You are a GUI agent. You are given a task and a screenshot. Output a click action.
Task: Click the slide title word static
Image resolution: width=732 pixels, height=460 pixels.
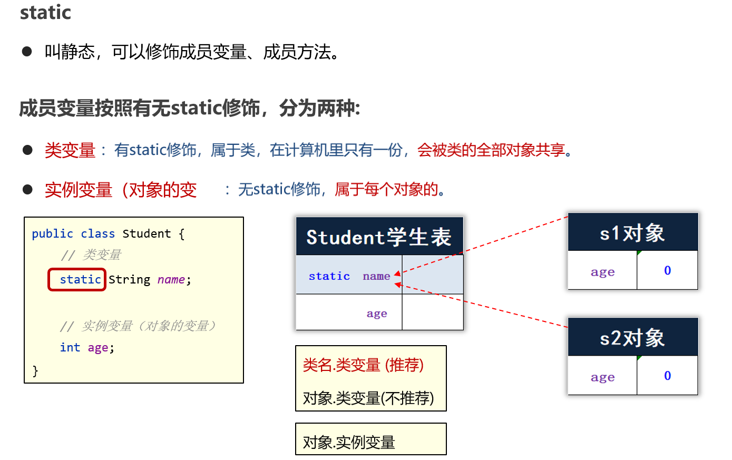pyautogui.click(x=45, y=12)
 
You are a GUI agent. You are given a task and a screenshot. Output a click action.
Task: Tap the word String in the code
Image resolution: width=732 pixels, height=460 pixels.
pyautogui.click(x=129, y=279)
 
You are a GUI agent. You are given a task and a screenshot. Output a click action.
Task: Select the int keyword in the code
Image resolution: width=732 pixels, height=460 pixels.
pyautogui.click(x=70, y=347)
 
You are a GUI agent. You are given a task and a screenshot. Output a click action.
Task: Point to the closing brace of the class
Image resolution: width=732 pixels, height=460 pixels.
pyautogui.click(x=35, y=370)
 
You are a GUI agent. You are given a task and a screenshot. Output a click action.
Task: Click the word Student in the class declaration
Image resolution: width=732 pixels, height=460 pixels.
pyautogui.click(x=147, y=233)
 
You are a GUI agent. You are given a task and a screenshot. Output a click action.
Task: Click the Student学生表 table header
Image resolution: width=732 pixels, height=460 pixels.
pyautogui.click(x=379, y=237)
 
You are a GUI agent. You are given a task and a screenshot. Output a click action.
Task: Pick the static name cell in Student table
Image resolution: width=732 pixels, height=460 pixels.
pyautogui.click(x=349, y=276)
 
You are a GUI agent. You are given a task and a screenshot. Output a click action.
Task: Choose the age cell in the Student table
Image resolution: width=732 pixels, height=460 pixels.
pyautogui.click(x=376, y=314)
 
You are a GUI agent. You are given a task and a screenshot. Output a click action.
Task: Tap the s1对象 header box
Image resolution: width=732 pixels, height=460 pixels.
pyautogui.click(x=632, y=233)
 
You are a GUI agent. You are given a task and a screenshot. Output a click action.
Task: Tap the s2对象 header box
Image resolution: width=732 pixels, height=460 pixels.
pyautogui.click(x=632, y=338)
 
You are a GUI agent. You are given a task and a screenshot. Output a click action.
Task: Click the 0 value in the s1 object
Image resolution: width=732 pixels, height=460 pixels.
pyautogui.click(x=667, y=270)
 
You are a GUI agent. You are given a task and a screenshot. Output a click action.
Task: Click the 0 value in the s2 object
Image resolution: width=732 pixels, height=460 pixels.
pyautogui.click(x=667, y=376)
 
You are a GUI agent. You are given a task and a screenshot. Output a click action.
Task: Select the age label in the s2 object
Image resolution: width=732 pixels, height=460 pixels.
pyautogui.click(x=602, y=377)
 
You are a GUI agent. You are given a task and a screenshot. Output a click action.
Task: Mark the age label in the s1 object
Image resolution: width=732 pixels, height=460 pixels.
pyautogui.click(x=602, y=272)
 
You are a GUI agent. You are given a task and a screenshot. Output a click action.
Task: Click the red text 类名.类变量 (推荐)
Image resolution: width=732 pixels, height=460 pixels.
pyautogui.click(x=363, y=365)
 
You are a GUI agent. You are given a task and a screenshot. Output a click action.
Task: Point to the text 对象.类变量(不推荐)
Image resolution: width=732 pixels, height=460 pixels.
pyautogui.click(x=368, y=398)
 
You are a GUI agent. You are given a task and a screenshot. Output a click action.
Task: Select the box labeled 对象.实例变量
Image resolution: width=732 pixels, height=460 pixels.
pyautogui.click(x=370, y=439)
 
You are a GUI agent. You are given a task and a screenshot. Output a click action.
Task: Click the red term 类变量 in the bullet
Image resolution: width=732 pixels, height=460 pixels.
pyautogui.click(x=70, y=150)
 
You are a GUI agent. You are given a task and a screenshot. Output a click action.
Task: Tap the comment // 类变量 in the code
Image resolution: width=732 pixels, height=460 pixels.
pyautogui.click(x=91, y=255)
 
